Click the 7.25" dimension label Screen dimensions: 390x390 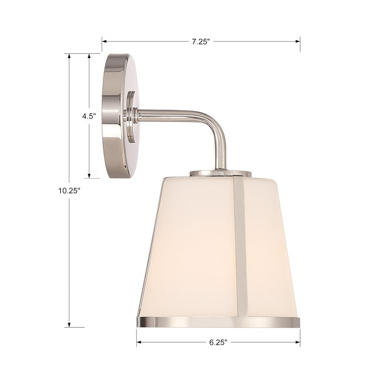[x=201, y=42]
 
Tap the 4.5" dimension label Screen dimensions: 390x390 [x=89, y=116]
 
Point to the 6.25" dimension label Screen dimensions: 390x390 [x=218, y=342]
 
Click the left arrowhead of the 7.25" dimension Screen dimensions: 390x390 [x=104, y=42]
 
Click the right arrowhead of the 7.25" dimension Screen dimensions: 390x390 [x=298, y=42]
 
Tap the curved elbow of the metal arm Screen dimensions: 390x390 [x=217, y=126]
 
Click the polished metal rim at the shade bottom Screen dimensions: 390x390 [x=217, y=322]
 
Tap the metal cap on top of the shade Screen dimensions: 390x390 [x=220, y=173]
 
